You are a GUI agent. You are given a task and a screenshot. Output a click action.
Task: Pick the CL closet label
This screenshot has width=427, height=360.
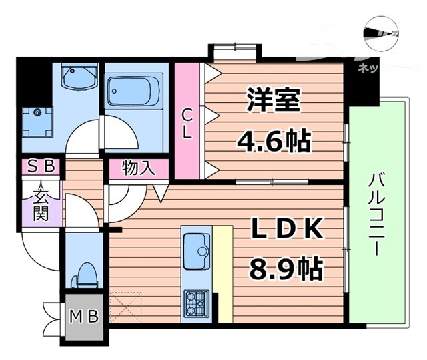188,123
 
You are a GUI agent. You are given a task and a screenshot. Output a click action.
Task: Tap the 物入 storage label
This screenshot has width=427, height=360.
139,168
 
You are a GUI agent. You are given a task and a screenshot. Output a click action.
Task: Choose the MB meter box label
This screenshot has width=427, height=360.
83,315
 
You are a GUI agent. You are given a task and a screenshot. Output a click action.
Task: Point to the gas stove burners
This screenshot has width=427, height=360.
196,303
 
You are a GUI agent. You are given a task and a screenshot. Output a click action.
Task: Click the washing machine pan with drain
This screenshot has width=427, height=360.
39,120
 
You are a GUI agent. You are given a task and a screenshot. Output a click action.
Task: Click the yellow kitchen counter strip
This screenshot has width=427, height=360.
222,274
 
